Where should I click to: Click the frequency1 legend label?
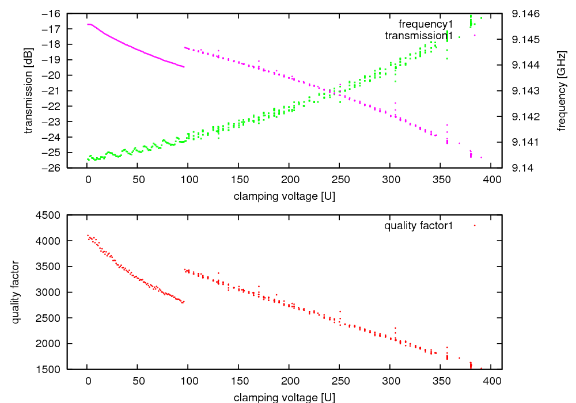tap(426, 24)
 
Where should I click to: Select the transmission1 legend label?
tap(419, 36)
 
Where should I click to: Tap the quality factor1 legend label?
tap(419, 226)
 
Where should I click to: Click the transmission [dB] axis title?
tap(28, 90)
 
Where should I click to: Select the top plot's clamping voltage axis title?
tap(285, 196)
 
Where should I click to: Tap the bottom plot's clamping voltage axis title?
tap(285, 397)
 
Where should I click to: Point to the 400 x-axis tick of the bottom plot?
tap(492, 381)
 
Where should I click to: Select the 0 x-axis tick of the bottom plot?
tap(87, 381)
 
